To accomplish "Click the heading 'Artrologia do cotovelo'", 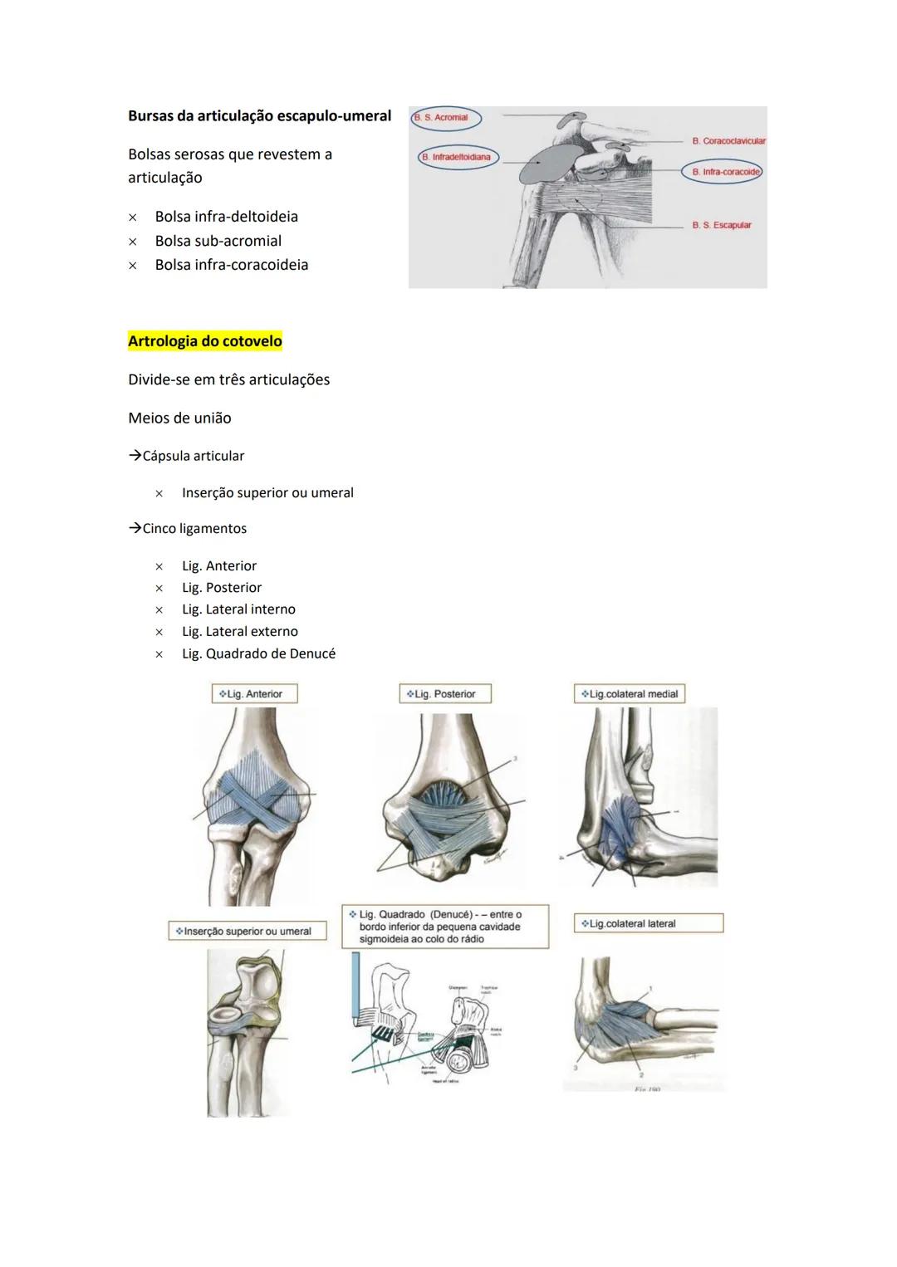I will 205,341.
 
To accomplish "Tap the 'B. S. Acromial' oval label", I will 446,118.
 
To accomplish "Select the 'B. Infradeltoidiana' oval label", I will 458,157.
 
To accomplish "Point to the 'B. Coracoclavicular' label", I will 728,141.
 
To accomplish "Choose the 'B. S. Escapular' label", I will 721,225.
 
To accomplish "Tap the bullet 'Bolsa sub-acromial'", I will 218,241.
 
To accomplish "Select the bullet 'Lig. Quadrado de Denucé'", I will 258,653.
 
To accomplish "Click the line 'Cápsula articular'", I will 193,456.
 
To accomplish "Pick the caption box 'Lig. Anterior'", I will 254,694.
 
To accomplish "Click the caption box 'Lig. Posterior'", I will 445,694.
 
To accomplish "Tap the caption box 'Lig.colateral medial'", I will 630,694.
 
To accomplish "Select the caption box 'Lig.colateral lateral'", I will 648,923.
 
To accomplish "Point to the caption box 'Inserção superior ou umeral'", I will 247,932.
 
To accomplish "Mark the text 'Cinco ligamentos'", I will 194,529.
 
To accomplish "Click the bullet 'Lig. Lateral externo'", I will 239,632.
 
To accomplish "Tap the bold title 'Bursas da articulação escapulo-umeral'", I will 259,116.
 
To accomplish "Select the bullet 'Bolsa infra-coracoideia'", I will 231,265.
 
